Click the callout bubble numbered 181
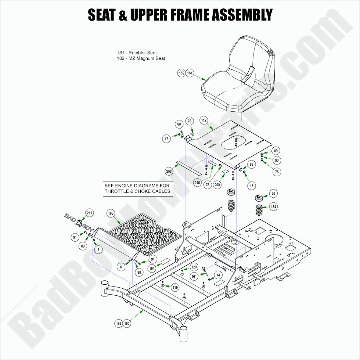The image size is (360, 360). pos(190,73)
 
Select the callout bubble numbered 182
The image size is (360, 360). pos(181,73)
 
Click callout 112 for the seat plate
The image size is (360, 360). pos(204,120)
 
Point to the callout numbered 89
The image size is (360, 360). pos(276,151)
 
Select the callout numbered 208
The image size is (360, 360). pos(169,171)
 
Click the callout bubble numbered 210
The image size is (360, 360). pos(197,183)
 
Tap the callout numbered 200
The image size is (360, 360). pos(217,185)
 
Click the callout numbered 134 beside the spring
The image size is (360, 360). pos(273,207)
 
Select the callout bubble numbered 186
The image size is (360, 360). pos(111,213)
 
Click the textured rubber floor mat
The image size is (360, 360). pos(143,235)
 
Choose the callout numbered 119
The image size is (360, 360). pos(175,287)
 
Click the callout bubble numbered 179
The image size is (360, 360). pos(118,324)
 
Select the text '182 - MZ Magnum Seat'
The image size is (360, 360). pos(141,58)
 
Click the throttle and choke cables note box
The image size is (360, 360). pos(137,188)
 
